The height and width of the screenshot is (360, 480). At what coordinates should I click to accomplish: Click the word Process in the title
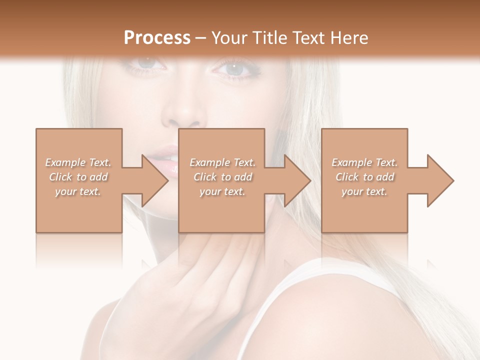(x=157, y=38)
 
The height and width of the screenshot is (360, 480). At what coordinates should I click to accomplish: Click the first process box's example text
(x=78, y=176)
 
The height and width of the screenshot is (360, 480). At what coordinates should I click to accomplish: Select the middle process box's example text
(x=222, y=176)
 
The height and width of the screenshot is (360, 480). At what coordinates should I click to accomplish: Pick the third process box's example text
(x=364, y=176)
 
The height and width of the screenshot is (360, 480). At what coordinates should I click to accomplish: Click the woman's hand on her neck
(x=210, y=280)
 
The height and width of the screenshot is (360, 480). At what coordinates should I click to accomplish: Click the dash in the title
(x=201, y=38)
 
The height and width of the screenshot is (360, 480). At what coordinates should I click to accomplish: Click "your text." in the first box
(x=78, y=191)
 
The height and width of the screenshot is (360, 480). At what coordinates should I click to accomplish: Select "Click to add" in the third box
(x=365, y=177)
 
